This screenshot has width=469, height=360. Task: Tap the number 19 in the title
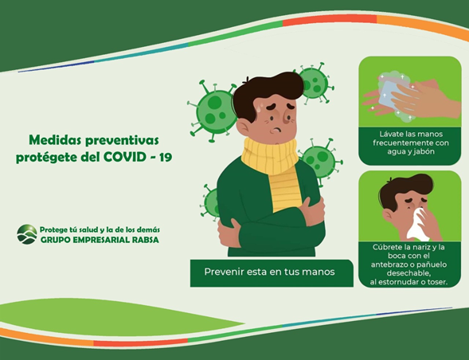(166, 157)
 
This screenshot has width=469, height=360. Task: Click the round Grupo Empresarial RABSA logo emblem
(27, 234)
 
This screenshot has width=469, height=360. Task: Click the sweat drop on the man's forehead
(261, 106)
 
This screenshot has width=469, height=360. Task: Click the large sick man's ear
(243, 127)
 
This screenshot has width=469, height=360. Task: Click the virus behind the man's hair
(315, 82)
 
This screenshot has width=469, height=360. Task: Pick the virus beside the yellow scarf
(322, 161)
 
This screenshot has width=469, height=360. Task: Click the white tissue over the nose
(418, 225)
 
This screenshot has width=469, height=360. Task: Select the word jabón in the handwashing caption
(424, 151)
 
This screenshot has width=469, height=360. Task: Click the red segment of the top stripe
(330, 20)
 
